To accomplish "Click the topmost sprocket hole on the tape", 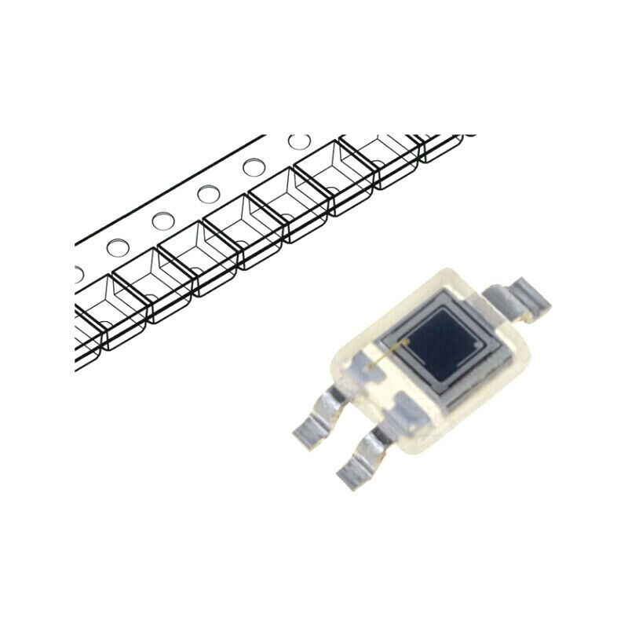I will tap(298, 142).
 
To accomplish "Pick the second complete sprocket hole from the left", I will tap(162, 221).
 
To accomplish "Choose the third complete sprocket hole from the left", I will tap(208, 194).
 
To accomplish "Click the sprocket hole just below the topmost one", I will tap(253, 167).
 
